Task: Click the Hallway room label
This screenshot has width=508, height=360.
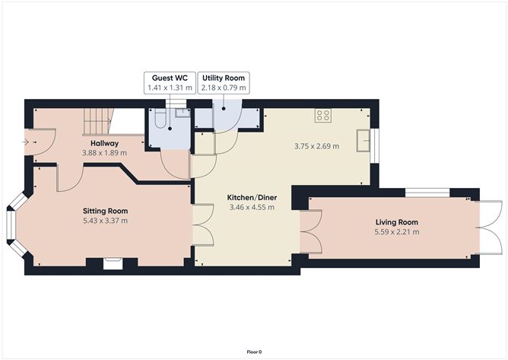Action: point(104,143)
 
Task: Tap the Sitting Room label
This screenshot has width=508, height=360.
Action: point(105,211)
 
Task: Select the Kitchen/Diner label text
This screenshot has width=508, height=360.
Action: point(252,197)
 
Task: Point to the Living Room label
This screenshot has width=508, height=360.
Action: point(396,222)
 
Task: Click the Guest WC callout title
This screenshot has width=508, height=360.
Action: point(170,78)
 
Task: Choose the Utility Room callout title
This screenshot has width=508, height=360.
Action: point(224,78)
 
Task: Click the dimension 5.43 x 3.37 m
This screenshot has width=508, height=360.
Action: point(105,221)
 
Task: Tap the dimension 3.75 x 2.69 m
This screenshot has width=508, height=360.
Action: point(316,146)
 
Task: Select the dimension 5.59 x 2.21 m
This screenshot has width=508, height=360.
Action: point(396,232)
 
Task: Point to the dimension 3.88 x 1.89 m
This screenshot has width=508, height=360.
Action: point(104,153)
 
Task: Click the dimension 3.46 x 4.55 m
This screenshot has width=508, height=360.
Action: point(252,207)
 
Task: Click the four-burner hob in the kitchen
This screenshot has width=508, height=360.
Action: point(323,115)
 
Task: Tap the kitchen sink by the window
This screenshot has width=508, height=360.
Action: point(364,141)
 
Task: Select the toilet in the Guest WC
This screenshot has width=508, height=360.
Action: point(160,117)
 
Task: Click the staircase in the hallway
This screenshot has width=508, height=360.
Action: point(98,122)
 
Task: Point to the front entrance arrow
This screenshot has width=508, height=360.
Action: point(26,142)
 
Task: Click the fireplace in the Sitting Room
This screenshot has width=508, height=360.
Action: point(113,263)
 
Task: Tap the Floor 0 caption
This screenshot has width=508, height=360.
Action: point(254,352)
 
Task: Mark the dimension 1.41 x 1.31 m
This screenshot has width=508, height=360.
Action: point(170,88)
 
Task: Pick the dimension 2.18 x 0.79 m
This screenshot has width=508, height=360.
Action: point(224,88)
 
